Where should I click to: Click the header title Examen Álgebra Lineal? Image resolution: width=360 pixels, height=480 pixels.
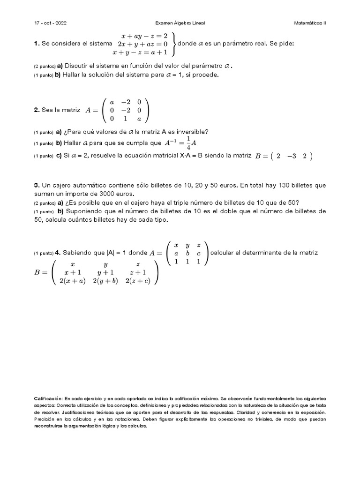tap(180, 22)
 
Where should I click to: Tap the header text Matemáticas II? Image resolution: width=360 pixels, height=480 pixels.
tap(309, 22)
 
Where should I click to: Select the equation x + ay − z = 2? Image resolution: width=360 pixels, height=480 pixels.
tap(145, 35)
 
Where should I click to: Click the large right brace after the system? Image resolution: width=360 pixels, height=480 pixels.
tap(174, 44)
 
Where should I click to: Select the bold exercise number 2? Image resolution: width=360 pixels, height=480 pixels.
tap(36, 110)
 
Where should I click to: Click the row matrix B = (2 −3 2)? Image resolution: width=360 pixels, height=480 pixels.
tap(283, 156)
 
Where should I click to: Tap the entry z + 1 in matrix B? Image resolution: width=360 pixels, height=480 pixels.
tap(137, 272)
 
